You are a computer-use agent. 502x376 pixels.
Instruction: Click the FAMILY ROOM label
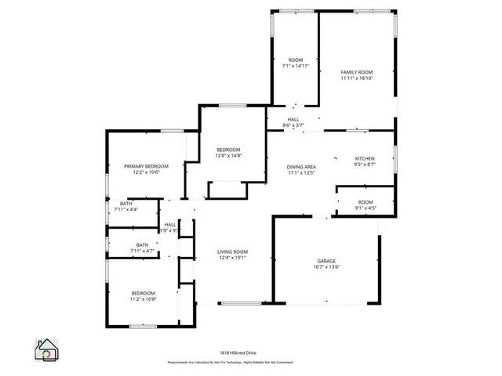pyautogui.click(x=356, y=72)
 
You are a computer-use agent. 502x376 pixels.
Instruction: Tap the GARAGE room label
pyautogui.click(x=326, y=261)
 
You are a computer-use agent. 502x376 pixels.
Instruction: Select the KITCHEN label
pyautogui.click(x=366, y=158)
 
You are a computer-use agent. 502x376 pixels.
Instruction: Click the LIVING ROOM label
pyautogui.click(x=232, y=251)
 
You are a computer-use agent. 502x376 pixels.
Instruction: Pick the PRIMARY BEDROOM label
pyautogui.click(x=147, y=166)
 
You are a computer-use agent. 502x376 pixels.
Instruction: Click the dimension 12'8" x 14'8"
pyautogui.click(x=228, y=156)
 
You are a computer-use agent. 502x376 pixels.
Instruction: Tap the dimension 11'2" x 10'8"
pyautogui.click(x=143, y=299)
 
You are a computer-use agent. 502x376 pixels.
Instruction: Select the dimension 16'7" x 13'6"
pyautogui.click(x=326, y=267)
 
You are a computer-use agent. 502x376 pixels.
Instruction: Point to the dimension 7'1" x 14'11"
pyautogui.click(x=296, y=67)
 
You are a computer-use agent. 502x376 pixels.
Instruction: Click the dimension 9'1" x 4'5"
pyautogui.click(x=366, y=208)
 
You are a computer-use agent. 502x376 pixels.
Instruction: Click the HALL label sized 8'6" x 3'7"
pyautogui.click(x=293, y=119)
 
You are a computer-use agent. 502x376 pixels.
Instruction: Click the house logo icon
pyautogui.click(x=47, y=349)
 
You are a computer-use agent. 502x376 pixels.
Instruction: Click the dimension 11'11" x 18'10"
pyautogui.click(x=356, y=78)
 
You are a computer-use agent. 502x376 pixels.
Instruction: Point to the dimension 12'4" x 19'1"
pyautogui.click(x=232, y=258)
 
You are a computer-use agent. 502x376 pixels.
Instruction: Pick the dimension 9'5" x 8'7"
pyautogui.click(x=366, y=164)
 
